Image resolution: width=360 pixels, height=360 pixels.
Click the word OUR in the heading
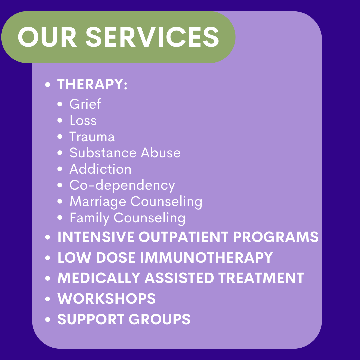[x=47, y=37]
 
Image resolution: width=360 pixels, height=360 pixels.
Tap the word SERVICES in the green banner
[x=152, y=37]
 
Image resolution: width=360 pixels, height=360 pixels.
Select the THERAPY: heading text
[x=92, y=84]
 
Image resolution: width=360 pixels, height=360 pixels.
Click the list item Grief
[x=85, y=104]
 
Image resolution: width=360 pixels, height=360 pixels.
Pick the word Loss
[x=83, y=120]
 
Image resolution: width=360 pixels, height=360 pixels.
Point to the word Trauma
[x=92, y=137]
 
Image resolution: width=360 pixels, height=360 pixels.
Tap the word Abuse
[x=161, y=153]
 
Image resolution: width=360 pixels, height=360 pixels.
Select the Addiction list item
[x=100, y=169]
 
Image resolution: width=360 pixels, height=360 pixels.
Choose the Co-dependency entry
[x=122, y=186]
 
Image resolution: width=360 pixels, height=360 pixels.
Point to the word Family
[x=90, y=218]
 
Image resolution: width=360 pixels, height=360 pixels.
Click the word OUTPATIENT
[x=183, y=237]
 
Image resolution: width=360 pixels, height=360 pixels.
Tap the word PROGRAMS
[x=276, y=237]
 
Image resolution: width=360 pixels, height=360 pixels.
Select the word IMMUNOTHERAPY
[x=206, y=257]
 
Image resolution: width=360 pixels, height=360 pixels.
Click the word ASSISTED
[x=179, y=278]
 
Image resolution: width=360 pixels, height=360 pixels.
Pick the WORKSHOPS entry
[x=107, y=298]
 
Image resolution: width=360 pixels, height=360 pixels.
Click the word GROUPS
[x=160, y=319]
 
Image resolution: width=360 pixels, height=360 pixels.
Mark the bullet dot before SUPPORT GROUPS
[x=48, y=319]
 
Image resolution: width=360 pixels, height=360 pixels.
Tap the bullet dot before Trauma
[x=60, y=137]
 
